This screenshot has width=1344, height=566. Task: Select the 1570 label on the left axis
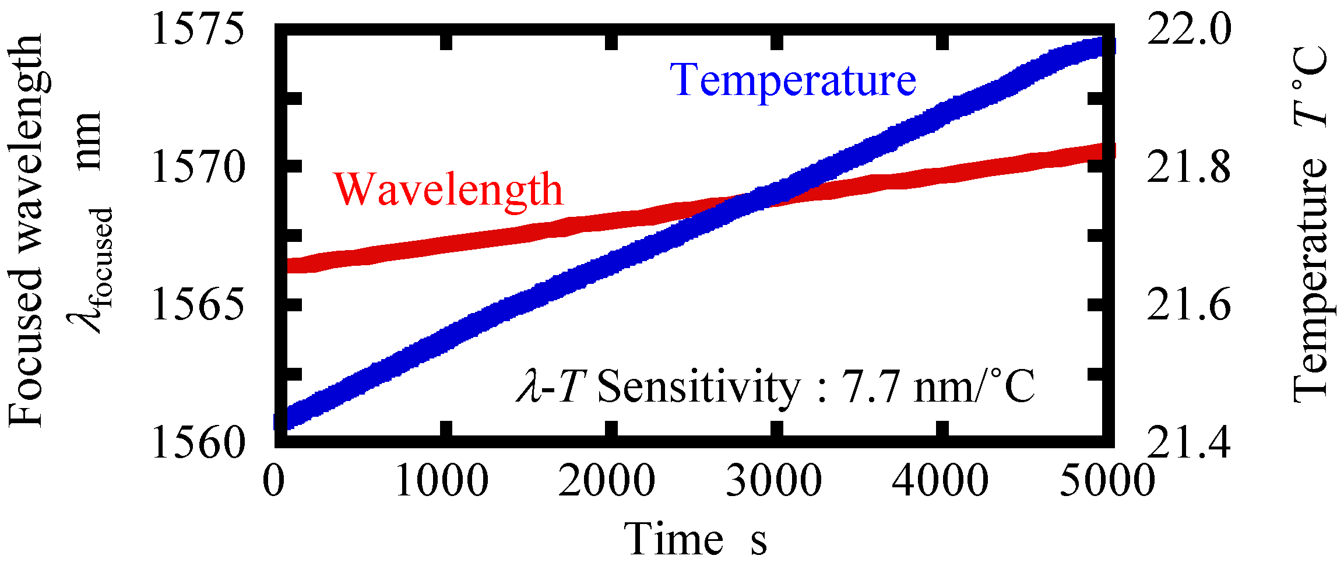click(197, 168)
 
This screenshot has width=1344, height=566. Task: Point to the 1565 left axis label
click(197, 305)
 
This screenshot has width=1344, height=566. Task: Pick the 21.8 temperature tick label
click(1189, 168)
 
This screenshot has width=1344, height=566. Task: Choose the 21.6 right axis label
click(1189, 305)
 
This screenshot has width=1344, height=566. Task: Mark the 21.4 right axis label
click(1189, 443)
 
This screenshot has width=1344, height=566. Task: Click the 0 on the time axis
click(274, 481)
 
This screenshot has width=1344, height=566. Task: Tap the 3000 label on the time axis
click(774, 481)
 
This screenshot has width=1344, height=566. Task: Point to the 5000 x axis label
click(1106, 481)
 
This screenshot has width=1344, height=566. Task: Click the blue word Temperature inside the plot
click(793, 80)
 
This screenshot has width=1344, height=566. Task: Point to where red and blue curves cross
click(758, 198)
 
